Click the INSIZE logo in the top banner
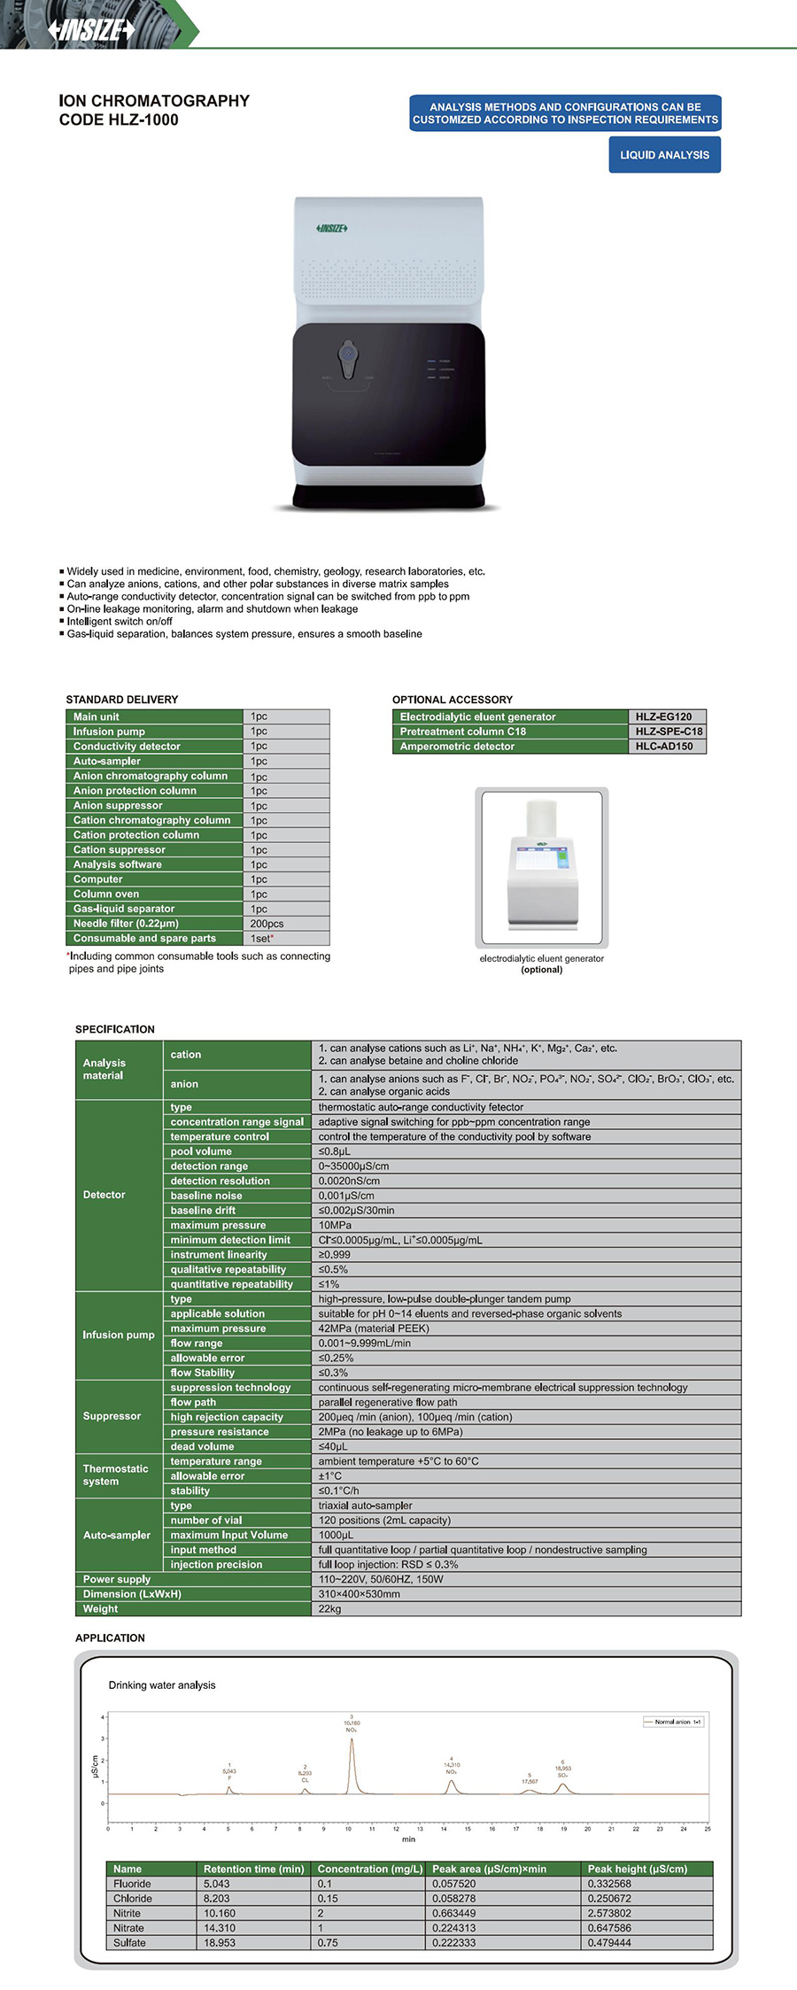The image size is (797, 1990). point(91,30)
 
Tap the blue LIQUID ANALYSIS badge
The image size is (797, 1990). point(664,155)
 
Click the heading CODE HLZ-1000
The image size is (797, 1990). point(119,120)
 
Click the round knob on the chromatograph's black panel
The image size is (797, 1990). point(348,354)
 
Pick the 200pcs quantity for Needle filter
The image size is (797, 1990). point(267,924)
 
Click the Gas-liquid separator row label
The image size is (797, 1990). point(124,909)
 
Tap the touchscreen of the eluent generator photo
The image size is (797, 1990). point(540,857)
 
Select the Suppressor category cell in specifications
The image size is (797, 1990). point(112,1416)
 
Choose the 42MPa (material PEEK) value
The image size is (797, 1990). point(373,1328)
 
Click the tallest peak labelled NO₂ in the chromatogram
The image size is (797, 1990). point(352,1742)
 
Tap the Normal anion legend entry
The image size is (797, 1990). point(675,1722)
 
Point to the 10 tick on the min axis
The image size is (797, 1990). point(348,1828)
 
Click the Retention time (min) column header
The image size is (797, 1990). point(253,1869)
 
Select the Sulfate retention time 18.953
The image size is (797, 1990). point(220,1942)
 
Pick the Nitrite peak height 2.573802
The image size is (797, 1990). point(609,1913)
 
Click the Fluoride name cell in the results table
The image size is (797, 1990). point(132,1884)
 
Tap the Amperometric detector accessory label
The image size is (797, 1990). point(457,747)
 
